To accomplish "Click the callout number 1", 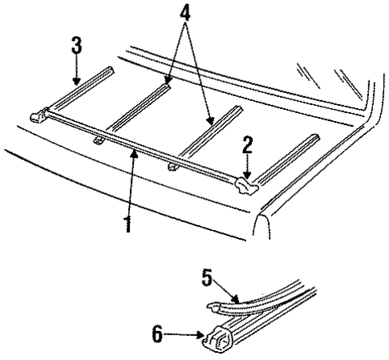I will tap(125, 221).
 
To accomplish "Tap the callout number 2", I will tap(248, 145).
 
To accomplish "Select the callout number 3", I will tap(76, 46).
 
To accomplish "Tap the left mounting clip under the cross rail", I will tap(99, 141).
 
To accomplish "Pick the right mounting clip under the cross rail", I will tap(172, 168).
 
